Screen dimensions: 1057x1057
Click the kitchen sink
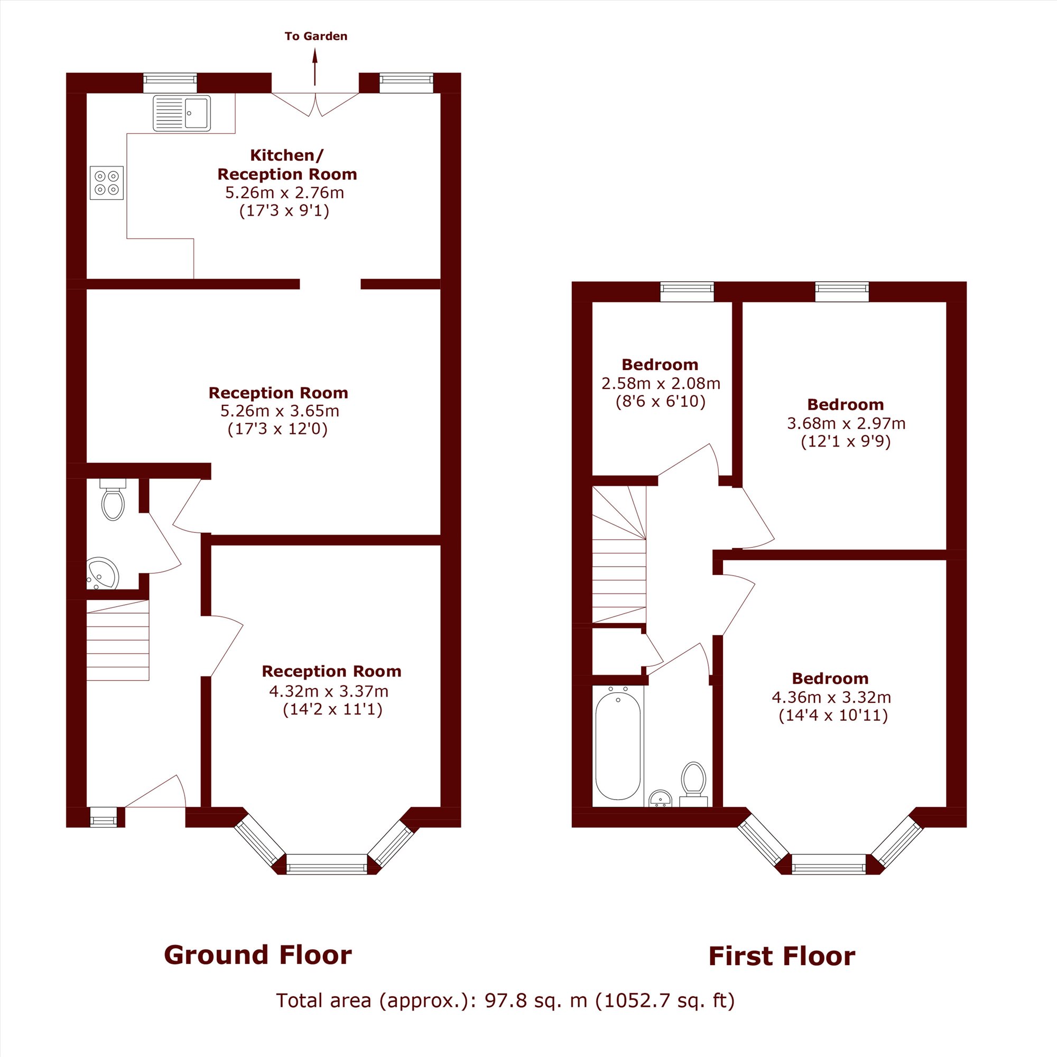182,113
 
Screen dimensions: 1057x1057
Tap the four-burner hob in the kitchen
107,183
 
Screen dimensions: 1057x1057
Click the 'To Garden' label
316,36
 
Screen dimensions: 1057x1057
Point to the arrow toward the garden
315,67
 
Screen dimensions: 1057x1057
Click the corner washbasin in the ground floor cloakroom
102,574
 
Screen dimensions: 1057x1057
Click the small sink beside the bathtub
661,798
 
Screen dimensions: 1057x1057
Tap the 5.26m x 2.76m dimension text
284,192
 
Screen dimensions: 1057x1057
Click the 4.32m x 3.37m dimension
329,691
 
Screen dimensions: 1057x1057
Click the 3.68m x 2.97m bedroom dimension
846,423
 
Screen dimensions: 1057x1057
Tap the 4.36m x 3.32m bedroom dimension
831,698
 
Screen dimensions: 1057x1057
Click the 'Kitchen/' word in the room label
286,155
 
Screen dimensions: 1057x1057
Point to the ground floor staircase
118,640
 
